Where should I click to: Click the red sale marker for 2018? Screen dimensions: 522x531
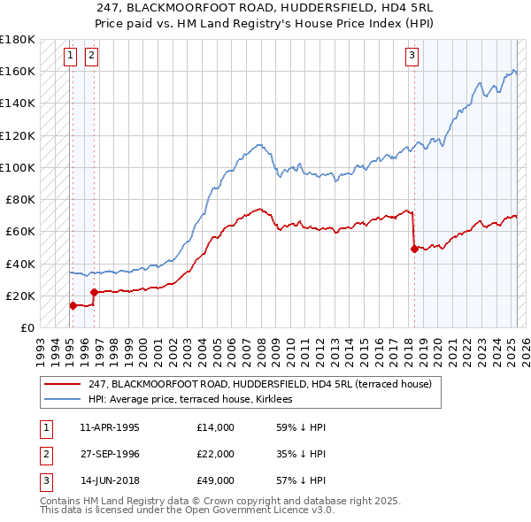[414, 249]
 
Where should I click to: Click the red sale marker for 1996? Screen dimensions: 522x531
[94, 291]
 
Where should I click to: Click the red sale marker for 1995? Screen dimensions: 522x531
[73, 305]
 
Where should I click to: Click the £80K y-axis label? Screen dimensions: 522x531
[19, 199]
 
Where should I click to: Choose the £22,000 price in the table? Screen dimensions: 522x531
[216, 454]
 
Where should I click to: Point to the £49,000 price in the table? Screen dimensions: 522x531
[216, 480]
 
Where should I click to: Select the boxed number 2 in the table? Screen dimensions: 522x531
[45, 454]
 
